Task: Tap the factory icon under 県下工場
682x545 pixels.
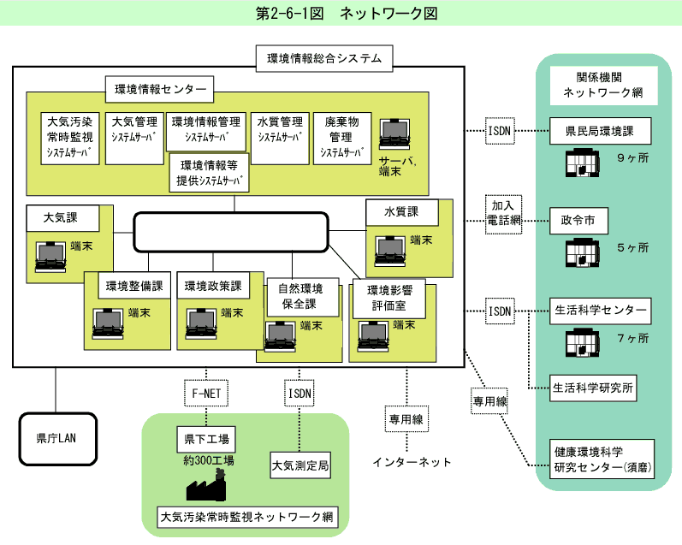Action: point(206,487)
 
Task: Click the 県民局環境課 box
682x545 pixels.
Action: point(600,133)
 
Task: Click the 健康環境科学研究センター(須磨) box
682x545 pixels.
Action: point(602,459)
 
